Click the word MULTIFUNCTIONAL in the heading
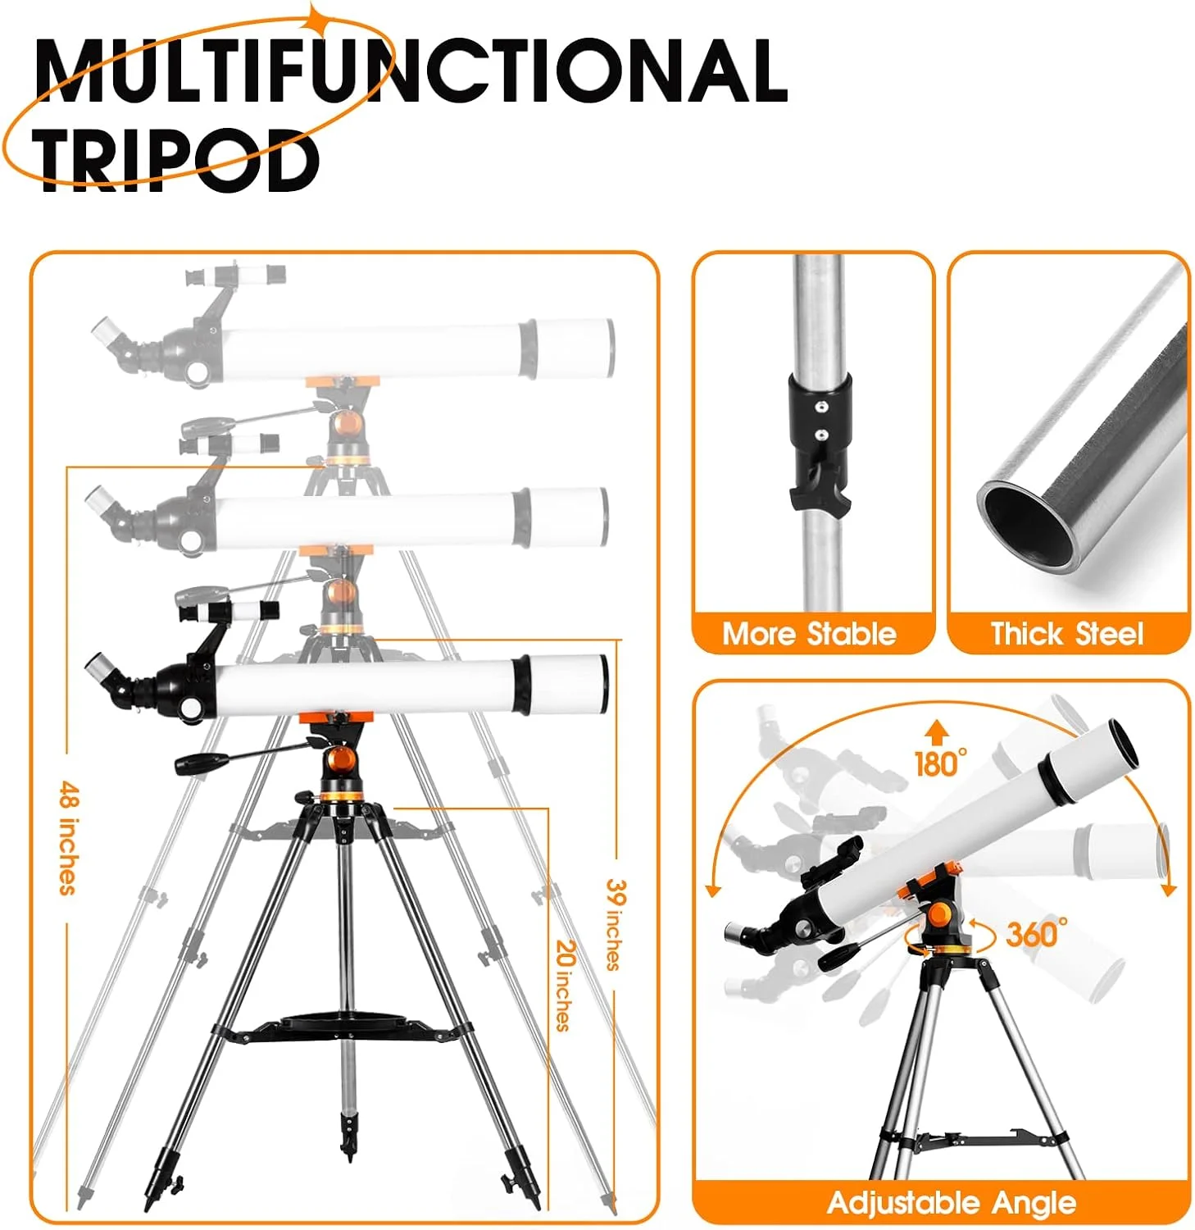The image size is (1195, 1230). (411, 71)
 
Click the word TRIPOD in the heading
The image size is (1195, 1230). (176, 160)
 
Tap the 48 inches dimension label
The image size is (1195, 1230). (70, 837)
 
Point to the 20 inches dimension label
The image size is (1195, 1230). (565, 984)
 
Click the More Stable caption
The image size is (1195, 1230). (809, 634)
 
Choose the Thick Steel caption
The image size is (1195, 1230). (1066, 634)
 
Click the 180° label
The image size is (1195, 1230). (940, 763)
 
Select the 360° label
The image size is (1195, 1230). (1036, 934)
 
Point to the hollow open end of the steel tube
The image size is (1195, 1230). (1028, 526)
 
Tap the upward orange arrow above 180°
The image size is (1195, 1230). (938, 732)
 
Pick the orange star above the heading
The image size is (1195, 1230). (314, 17)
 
